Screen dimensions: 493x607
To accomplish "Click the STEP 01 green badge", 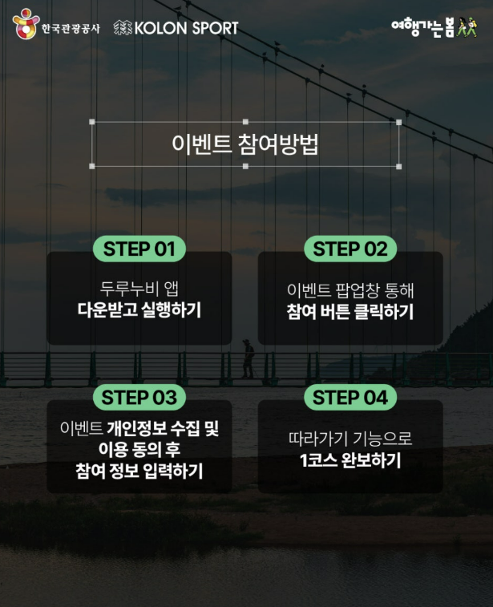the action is click(x=139, y=249).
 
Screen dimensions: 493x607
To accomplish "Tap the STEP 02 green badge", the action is click(x=350, y=249).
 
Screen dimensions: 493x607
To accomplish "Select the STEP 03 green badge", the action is click(x=139, y=397).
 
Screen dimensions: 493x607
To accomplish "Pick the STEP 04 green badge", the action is click(x=350, y=397).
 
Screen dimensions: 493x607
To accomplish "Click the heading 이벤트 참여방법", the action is click(x=245, y=144).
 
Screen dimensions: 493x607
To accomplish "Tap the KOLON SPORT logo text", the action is click(x=186, y=28).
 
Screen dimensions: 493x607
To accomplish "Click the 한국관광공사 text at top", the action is click(x=71, y=28).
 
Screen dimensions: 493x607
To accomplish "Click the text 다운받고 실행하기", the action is click(x=139, y=310).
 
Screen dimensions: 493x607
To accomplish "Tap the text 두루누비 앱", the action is click(x=139, y=289).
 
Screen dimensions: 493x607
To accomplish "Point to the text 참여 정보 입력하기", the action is click(x=139, y=471).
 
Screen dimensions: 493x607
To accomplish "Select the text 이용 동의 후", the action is click(x=139, y=450).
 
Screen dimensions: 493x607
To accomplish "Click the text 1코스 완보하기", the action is click(x=350, y=460).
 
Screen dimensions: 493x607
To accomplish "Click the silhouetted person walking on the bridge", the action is click(x=249, y=358).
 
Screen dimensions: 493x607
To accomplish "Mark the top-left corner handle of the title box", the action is click(x=92, y=123).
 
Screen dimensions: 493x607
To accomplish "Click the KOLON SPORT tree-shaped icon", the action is click(x=122, y=28).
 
